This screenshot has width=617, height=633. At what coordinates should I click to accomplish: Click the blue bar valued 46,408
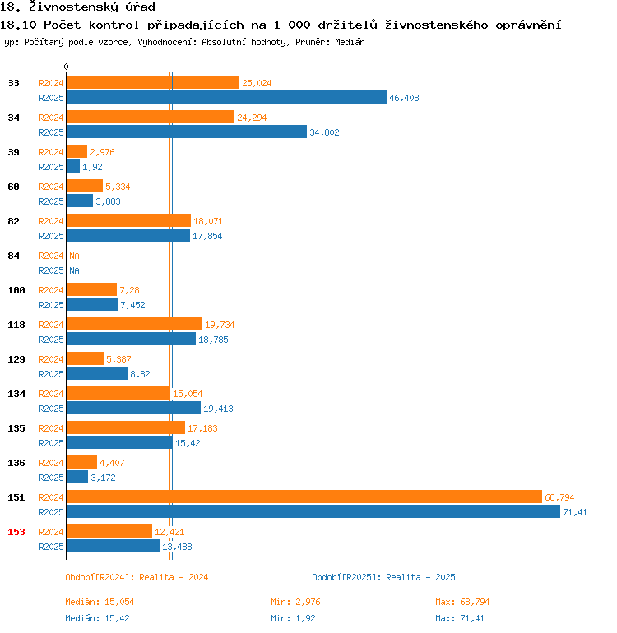(226, 97)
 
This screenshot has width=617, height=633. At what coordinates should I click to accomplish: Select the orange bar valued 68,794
(304, 497)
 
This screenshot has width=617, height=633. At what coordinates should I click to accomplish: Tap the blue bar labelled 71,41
(313, 511)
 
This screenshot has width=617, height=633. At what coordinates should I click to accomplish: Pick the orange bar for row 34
(150, 117)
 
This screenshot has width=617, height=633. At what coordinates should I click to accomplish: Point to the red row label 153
(16, 532)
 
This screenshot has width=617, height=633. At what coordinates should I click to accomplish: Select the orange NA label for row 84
(74, 256)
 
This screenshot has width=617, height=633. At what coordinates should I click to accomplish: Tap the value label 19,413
(218, 409)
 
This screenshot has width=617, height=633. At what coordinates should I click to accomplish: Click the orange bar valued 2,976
(77, 151)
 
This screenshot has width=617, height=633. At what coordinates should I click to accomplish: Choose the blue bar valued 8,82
(96, 373)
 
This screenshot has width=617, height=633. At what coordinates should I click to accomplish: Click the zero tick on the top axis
(67, 67)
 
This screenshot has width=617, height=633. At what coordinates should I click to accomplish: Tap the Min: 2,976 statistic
(295, 602)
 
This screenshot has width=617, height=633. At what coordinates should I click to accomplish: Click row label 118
(16, 325)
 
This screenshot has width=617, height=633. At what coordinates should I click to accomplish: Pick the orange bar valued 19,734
(134, 324)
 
